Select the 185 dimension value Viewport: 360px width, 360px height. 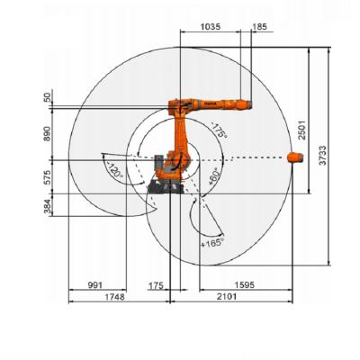coord(260,28)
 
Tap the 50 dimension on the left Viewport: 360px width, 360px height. coord(48,96)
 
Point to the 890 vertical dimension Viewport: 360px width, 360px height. coord(48,132)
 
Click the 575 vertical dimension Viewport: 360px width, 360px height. coord(48,175)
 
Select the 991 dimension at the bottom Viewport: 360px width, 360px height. coord(95,285)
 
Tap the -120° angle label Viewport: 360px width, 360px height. coord(114,169)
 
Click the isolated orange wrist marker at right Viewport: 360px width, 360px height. coord(293,158)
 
